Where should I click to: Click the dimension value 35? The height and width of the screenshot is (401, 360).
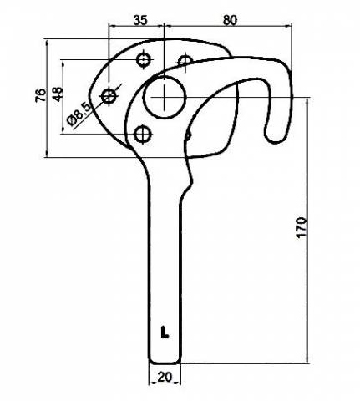(140, 20)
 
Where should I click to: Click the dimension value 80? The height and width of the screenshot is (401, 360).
(230, 20)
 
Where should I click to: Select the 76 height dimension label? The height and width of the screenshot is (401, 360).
(41, 95)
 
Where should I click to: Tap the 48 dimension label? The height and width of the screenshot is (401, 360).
(58, 94)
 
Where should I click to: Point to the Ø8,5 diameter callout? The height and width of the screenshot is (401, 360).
(79, 114)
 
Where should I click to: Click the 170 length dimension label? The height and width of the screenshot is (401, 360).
(302, 227)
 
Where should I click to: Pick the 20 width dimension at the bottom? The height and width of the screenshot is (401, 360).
(165, 377)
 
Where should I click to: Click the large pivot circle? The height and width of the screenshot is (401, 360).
(165, 97)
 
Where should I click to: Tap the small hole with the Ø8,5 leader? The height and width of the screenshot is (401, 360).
(109, 96)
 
